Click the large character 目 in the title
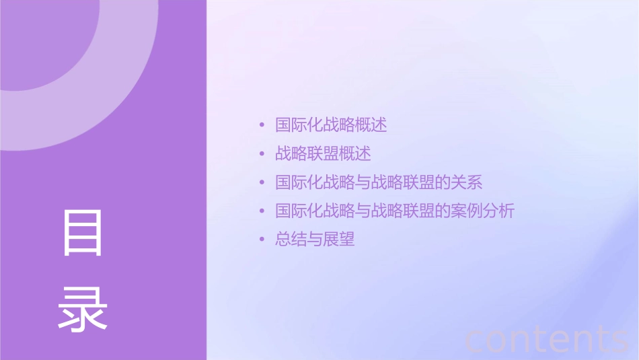(83, 233)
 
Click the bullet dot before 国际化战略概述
(262, 125)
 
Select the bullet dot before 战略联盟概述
(262, 154)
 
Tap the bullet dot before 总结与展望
(262, 240)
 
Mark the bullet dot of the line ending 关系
(262, 182)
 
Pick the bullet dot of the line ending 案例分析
(262, 211)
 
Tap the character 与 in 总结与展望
(315, 240)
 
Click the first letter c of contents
(475, 340)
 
